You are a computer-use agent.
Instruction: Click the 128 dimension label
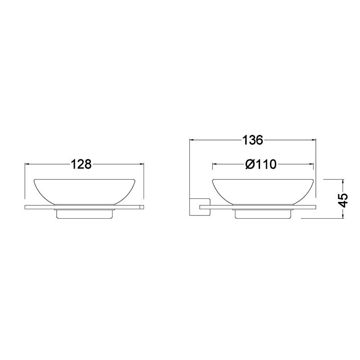pyautogui.click(x=81, y=164)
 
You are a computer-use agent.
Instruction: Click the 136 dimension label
pyautogui.click(x=252, y=140)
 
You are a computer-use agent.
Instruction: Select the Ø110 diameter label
pyautogui.click(x=261, y=164)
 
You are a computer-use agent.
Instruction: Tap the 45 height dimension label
pyautogui.click(x=344, y=200)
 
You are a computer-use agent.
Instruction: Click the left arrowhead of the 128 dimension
pyautogui.click(x=27, y=164)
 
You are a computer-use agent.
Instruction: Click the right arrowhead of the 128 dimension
pyautogui.click(x=141, y=164)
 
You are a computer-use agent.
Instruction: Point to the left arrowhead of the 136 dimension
pyautogui.click(x=192, y=139)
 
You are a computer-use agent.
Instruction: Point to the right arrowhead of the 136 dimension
pyautogui.click(x=314, y=139)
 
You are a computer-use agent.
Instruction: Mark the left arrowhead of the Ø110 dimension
pyautogui.click(x=215, y=164)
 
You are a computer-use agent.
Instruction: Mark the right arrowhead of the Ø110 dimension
pyautogui.click(x=311, y=164)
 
